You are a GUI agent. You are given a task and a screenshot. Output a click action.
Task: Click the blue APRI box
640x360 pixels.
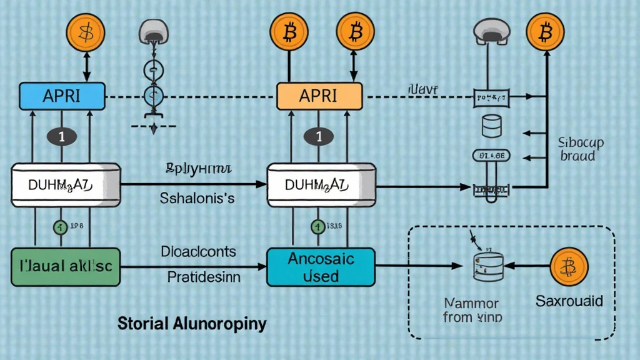[61, 96]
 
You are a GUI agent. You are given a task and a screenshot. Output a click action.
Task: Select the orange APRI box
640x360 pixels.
[319, 96]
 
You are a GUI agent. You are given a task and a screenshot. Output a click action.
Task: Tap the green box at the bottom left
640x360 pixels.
[65, 266]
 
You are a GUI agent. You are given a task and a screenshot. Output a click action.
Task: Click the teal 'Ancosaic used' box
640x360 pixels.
[321, 266]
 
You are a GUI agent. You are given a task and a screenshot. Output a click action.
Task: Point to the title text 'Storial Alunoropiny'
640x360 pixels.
[192, 324]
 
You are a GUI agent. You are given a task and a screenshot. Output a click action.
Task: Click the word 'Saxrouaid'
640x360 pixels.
[569, 301]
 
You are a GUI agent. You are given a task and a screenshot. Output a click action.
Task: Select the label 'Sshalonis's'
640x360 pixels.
[197, 199]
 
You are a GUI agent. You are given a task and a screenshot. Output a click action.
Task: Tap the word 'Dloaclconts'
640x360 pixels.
[199, 252]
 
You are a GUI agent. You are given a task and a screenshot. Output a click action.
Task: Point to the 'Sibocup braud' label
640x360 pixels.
[580, 149]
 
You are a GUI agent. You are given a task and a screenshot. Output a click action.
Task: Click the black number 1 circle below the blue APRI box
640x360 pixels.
[61, 137]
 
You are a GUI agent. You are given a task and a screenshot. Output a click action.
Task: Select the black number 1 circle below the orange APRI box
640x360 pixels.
[319, 137]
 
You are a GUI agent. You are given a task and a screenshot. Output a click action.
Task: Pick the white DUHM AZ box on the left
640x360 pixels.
[65, 184]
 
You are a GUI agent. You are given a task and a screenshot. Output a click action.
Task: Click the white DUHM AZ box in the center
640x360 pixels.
[320, 184]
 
